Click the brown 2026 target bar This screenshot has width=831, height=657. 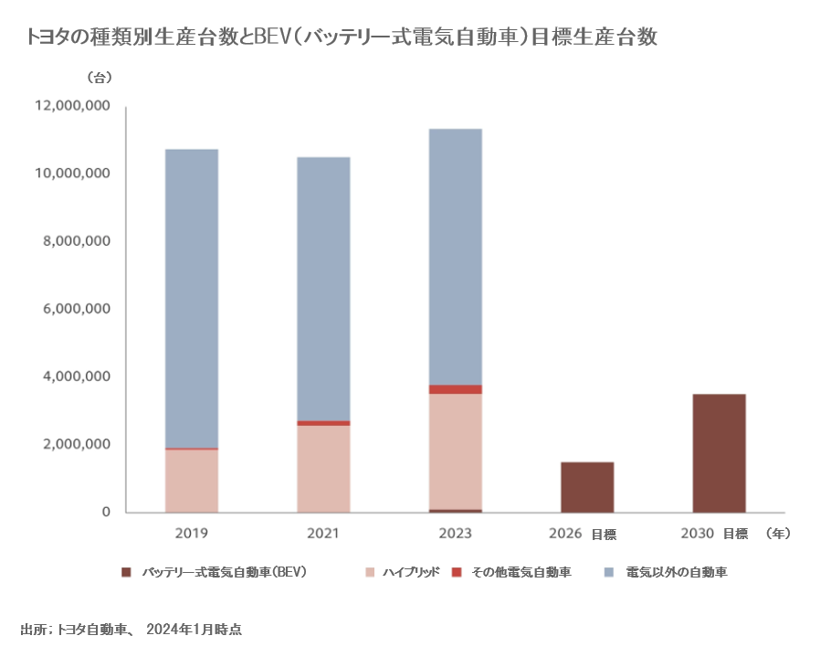point(587,487)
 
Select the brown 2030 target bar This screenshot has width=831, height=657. point(719,453)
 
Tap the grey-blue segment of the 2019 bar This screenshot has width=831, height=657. point(192,298)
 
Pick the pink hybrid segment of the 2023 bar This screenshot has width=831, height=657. point(456,450)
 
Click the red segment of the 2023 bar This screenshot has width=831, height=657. point(456,389)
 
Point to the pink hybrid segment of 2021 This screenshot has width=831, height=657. point(323,469)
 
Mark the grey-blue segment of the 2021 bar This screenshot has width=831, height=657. point(323,289)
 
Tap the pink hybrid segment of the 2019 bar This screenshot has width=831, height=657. point(192,481)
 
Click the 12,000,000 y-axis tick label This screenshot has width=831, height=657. point(72,106)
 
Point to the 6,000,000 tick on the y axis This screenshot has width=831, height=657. point(76,309)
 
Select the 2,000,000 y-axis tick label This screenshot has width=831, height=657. point(76,445)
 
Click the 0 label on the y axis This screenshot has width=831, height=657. point(106,513)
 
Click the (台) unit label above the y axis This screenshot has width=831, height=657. point(100,76)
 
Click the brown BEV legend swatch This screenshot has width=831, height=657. point(126,573)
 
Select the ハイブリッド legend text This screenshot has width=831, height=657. point(412,573)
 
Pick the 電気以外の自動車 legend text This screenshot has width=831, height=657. point(677,573)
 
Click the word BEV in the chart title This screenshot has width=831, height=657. point(272,37)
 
